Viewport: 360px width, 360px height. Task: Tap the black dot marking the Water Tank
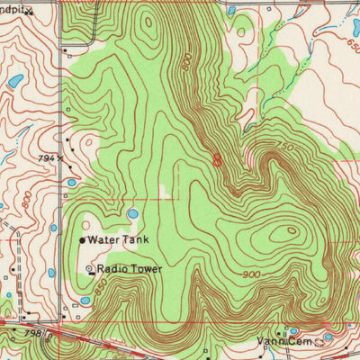(x=83, y=241)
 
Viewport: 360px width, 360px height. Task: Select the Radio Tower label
(x=130, y=269)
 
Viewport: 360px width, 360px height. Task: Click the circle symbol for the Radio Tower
(x=89, y=269)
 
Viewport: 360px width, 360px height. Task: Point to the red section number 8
(x=217, y=159)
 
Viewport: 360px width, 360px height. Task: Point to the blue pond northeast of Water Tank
(x=132, y=214)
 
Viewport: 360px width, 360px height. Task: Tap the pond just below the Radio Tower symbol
(x=85, y=300)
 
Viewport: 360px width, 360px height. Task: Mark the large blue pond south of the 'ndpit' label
(x=15, y=82)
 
